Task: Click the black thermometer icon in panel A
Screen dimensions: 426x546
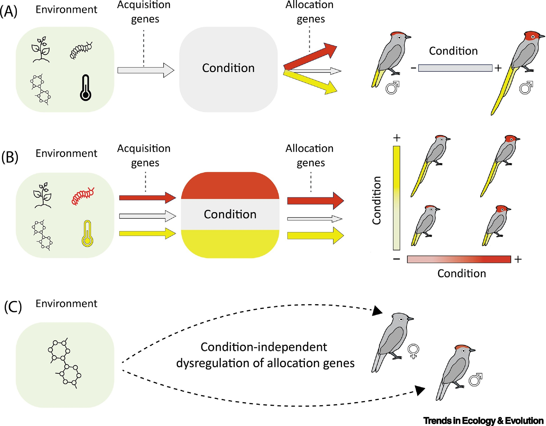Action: [85, 88]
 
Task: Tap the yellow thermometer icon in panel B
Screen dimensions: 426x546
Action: [87, 234]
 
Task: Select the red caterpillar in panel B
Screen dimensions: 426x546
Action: [83, 196]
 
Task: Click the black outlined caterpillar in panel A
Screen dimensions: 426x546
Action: [81, 50]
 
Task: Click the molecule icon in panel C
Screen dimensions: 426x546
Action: [64, 363]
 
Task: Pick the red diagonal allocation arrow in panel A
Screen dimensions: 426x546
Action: [310, 56]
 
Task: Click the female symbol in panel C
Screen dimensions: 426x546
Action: [413, 351]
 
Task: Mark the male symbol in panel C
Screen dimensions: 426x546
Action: [475, 380]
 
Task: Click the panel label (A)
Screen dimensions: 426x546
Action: [9, 12]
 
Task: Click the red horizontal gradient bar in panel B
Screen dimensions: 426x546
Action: [459, 259]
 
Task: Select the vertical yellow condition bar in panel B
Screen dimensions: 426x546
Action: [397, 198]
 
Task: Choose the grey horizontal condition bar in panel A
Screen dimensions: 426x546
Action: [455, 68]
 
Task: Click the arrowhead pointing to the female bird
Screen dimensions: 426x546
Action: [377, 311]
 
